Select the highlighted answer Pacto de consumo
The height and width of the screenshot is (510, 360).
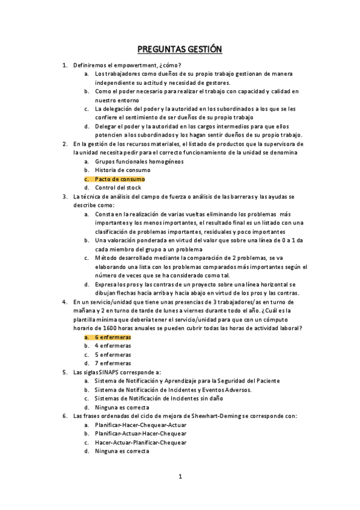pyautogui.click(x=120, y=179)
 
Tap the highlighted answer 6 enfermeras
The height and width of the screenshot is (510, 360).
pyautogui.click(x=113, y=337)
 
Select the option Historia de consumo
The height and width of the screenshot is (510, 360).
pyautogui.click(x=123, y=170)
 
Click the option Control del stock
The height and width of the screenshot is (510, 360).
pyautogui.click(x=118, y=188)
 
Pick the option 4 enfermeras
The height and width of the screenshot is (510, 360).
pyautogui.click(x=113, y=346)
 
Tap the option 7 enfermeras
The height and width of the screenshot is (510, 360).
pyautogui.click(x=113, y=363)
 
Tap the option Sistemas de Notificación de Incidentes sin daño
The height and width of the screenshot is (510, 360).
pyautogui.click(x=157, y=398)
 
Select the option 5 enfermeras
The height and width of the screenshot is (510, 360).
pyautogui.click(x=113, y=355)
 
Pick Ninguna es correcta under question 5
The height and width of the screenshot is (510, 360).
pyautogui.click(x=122, y=407)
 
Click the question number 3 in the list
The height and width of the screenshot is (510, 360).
pyautogui.click(x=65, y=196)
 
